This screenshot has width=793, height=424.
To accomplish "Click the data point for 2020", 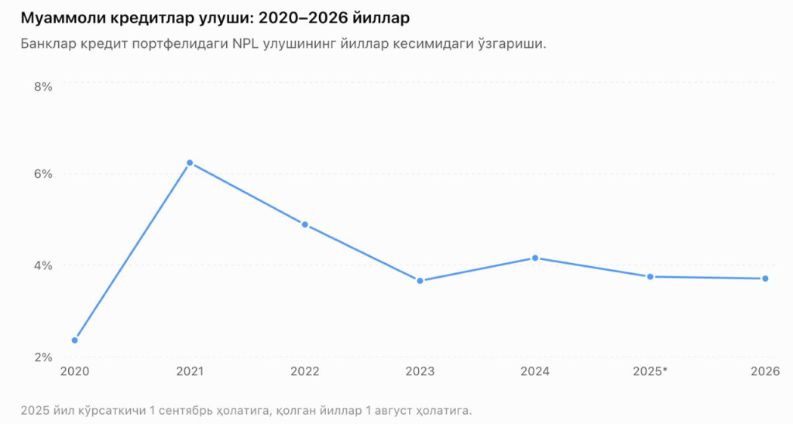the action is click(75, 340).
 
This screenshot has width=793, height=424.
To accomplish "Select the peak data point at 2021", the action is click(190, 162).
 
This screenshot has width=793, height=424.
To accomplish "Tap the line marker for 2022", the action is click(305, 224).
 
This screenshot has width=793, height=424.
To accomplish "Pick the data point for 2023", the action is click(420, 281).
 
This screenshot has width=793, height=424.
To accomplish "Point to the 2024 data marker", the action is click(535, 258).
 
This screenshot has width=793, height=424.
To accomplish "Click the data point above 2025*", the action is click(651, 276).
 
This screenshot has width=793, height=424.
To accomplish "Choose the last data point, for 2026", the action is click(765, 279).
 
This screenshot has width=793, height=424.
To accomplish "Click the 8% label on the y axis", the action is click(43, 87).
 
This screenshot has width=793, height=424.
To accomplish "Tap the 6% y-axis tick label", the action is click(43, 174).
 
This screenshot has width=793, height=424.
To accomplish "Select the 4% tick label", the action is click(43, 265).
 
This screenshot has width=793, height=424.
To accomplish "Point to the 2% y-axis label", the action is click(43, 357).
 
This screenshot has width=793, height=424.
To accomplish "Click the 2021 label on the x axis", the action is click(190, 371).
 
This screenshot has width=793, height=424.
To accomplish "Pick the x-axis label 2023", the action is click(420, 371).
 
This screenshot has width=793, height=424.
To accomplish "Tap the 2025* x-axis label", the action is click(651, 371).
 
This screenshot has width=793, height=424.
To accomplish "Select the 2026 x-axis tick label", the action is click(765, 371).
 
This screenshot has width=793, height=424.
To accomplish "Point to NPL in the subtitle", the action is click(245, 43).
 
